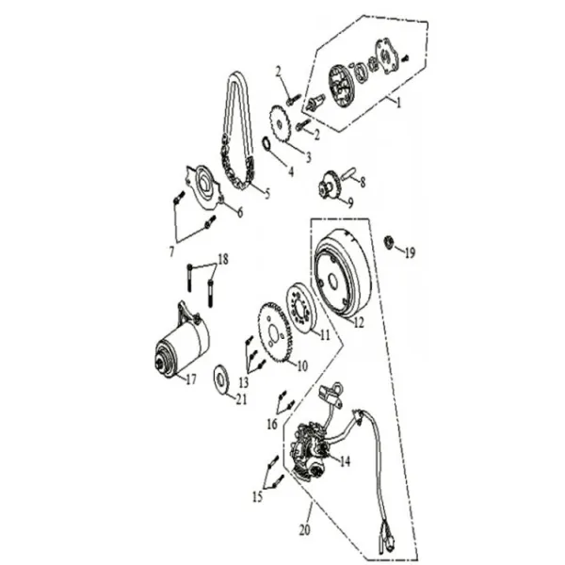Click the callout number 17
(x=190, y=380)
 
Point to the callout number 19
(x=410, y=252)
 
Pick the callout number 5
(x=266, y=195)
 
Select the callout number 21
(x=242, y=400)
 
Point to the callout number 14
(x=345, y=461)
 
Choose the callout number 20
(x=303, y=530)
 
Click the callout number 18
(x=222, y=259)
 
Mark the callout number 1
(x=398, y=104)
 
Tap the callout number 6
(x=239, y=213)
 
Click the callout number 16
(x=272, y=425)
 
